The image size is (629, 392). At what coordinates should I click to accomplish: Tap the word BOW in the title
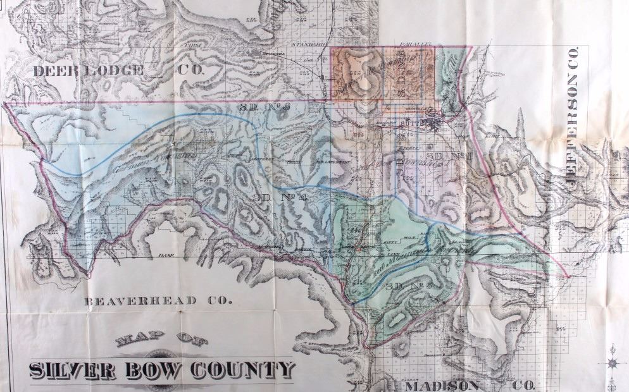tap(161, 370)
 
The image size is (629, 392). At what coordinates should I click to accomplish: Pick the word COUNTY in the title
tap(247, 369)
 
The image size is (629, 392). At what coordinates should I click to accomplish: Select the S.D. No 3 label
tap(264, 107)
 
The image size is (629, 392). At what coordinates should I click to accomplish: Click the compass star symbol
tap(612, 362)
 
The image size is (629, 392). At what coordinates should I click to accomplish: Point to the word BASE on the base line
tap(166, 255)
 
